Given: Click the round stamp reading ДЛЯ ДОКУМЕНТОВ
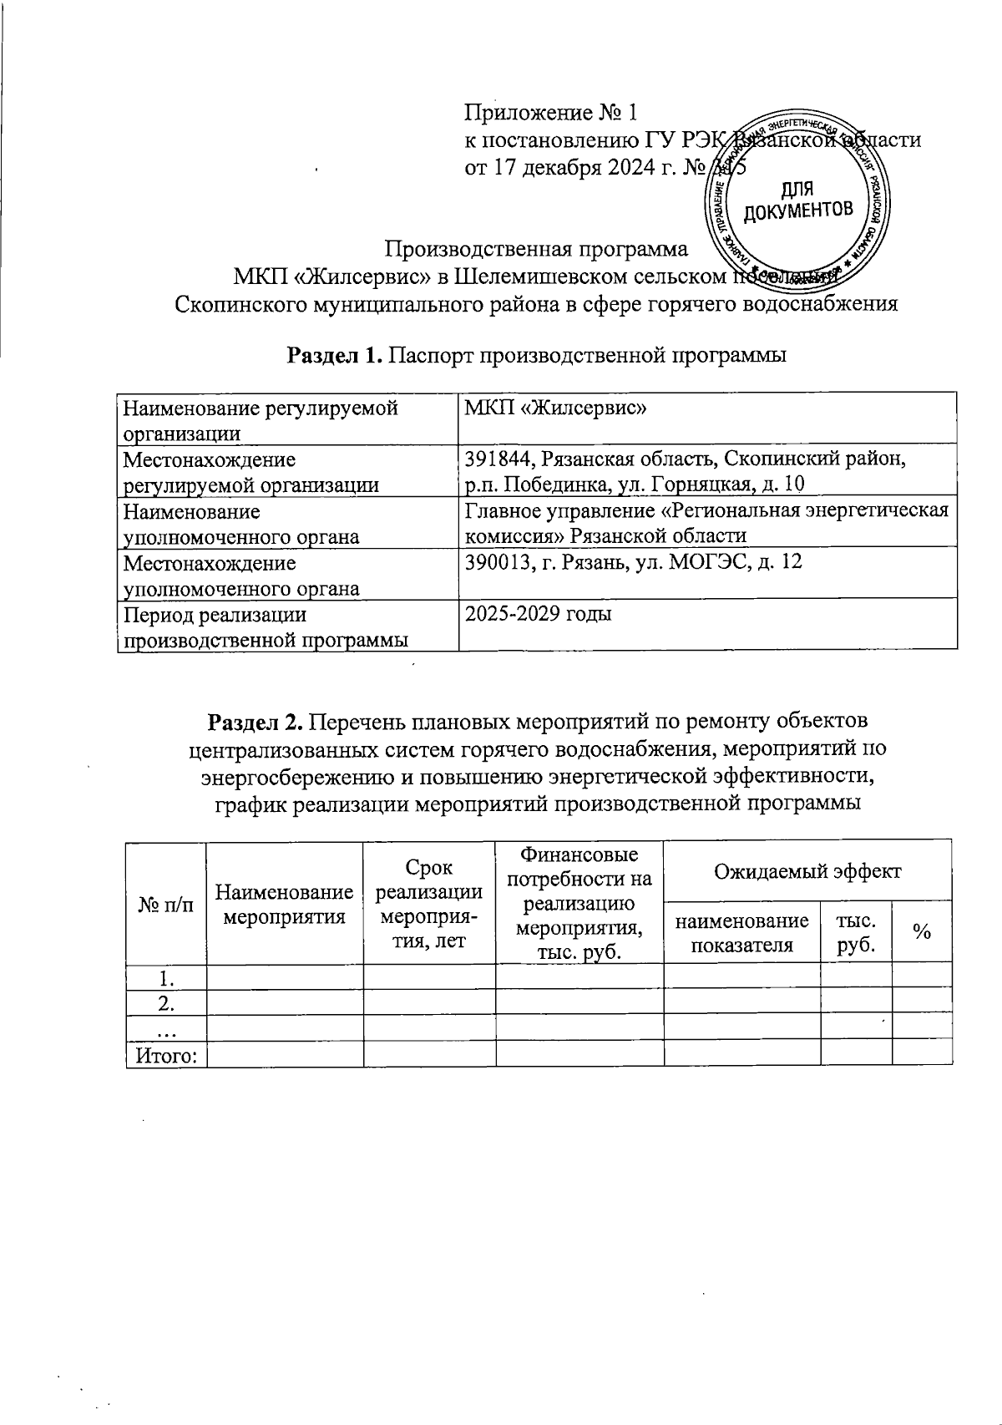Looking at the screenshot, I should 797,200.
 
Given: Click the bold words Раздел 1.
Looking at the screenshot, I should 334,356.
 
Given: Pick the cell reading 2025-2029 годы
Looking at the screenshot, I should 538,614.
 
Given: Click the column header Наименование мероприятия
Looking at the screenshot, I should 285,904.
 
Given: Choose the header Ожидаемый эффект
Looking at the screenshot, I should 807,872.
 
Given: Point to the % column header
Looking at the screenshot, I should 922,932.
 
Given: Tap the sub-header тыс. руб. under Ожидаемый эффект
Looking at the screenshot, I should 856,932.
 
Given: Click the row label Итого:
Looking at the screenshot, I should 166,1055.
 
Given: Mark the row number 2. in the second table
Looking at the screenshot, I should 166,1002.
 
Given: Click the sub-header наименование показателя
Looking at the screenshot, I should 741,932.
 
